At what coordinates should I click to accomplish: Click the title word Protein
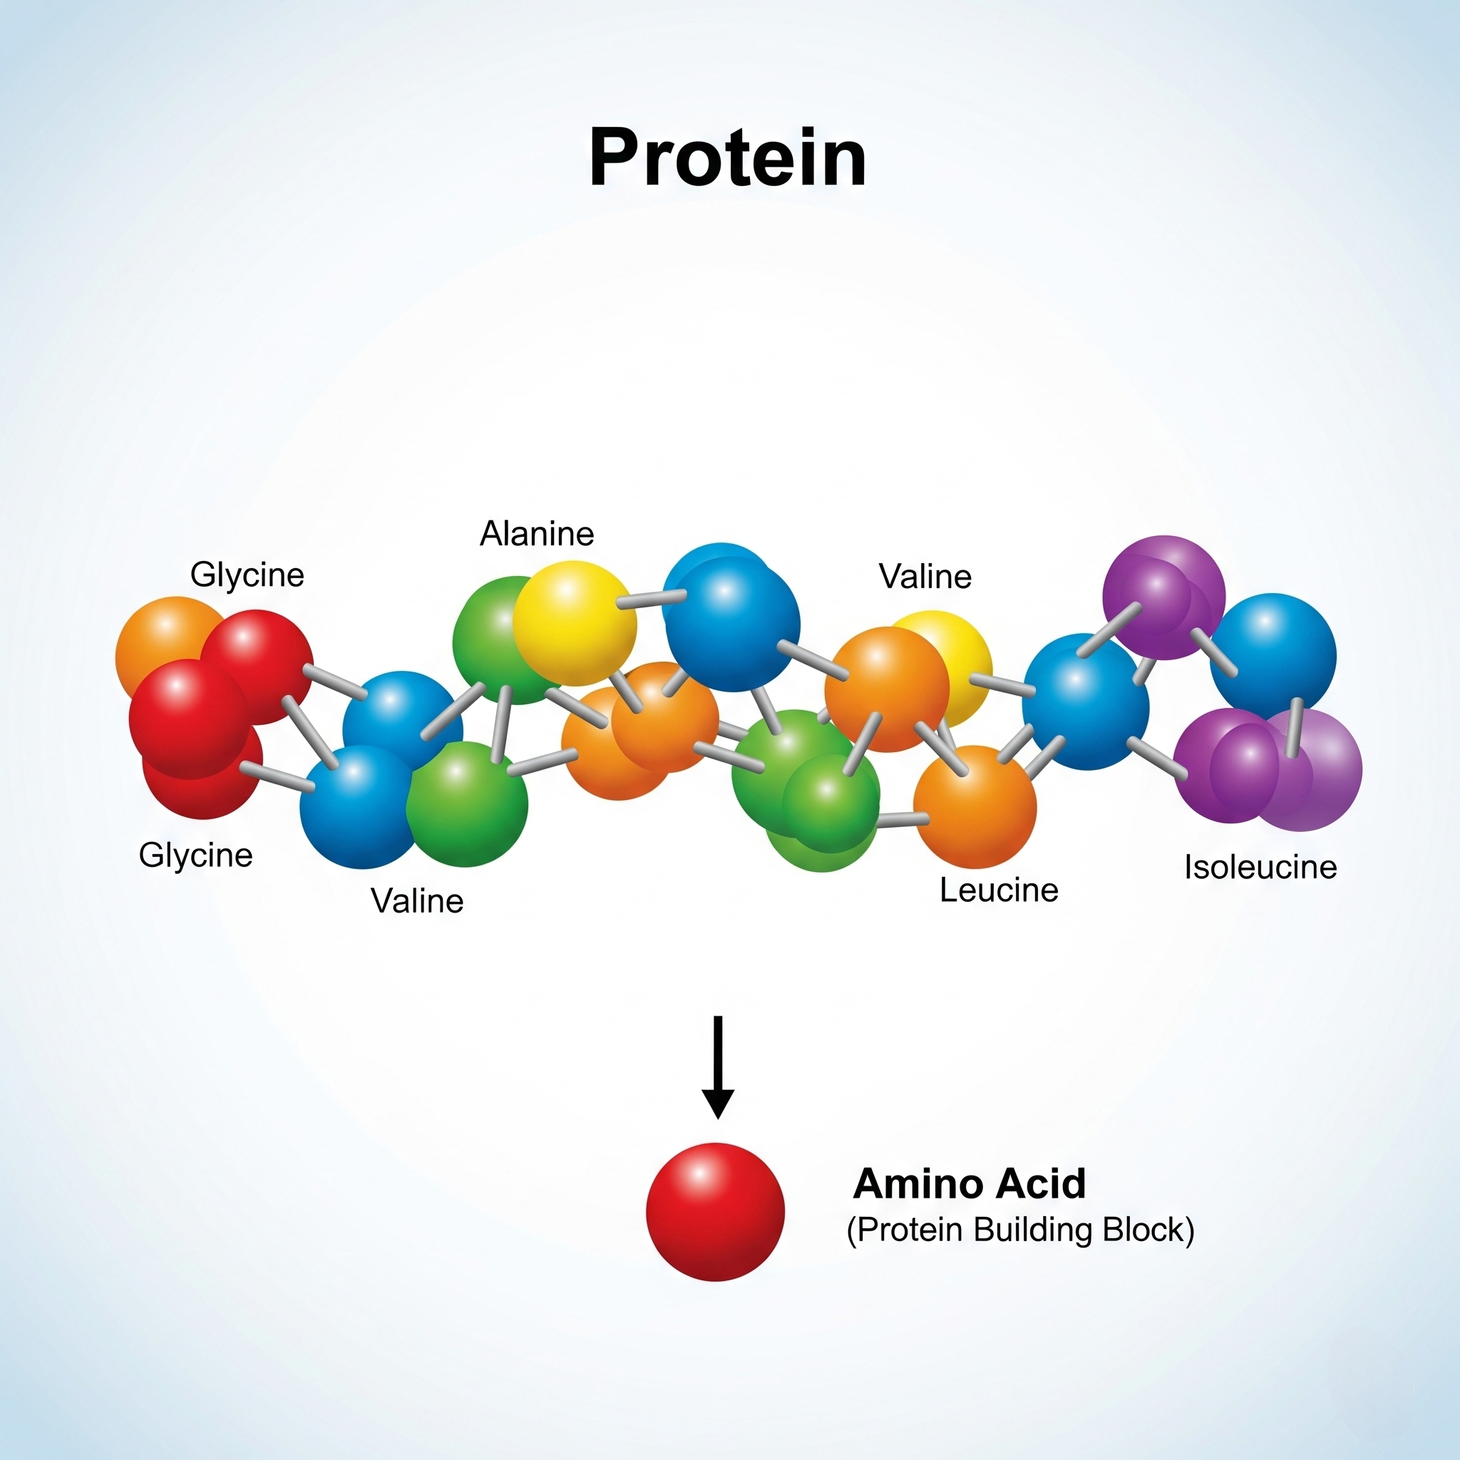coord(727,158)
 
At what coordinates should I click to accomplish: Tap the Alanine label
coord(537,533)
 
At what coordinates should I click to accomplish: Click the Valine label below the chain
coord(417,901)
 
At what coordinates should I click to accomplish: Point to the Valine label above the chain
coord(925,577)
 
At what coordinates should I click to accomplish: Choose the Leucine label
coord(998,890)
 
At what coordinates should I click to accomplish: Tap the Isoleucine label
coord(1260,867)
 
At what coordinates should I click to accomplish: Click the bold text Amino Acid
coord(970,1183)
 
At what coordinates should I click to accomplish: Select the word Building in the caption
coord(1032,1230)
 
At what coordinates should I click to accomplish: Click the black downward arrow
coord(718,1067)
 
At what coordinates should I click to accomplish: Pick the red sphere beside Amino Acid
coord(715,1211)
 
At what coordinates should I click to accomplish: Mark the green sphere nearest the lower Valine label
coord(467,804)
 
